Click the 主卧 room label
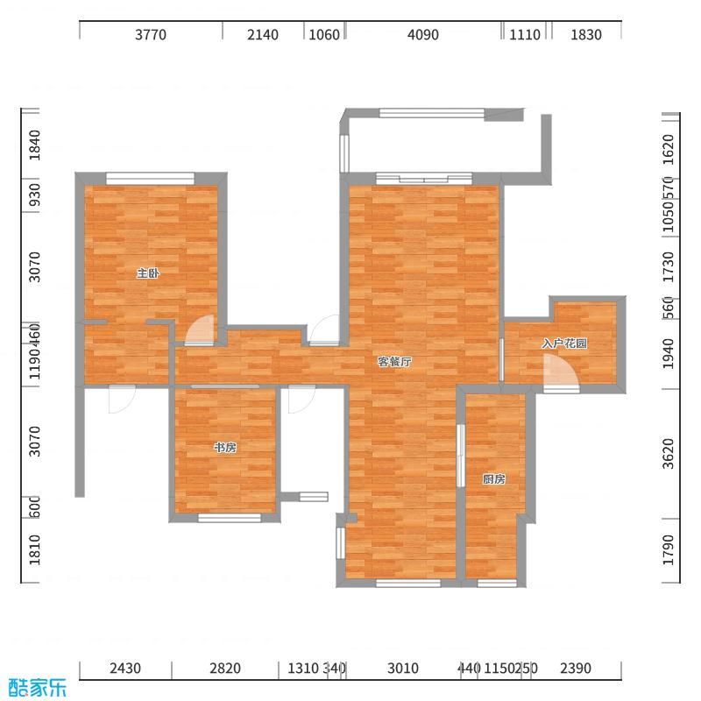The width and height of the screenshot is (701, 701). coord(148,273)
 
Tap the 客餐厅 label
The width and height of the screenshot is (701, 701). coord(394,361)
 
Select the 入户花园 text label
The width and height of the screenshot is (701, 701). coord(564,343)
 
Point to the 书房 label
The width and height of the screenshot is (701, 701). coord(225,448)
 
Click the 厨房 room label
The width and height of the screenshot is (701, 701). coord(493,479)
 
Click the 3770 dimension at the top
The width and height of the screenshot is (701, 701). coord(151,35)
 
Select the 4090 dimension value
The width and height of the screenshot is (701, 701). coord(423,35)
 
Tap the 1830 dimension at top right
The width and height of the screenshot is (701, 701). coord(586,35)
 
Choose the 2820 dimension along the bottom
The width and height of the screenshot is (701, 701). coord(225,669)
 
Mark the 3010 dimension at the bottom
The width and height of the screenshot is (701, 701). coord(403,669)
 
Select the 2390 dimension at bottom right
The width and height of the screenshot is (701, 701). coord(576,669)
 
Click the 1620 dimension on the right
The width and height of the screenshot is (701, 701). coord(669,146)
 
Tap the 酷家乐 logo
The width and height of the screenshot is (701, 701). coord(36,688)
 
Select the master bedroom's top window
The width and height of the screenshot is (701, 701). coord(150,176)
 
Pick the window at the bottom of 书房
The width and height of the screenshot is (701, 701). coord(230,518)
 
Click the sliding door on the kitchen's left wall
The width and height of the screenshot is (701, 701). coord(460,456)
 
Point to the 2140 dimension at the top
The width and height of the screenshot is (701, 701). coord(263,35)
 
